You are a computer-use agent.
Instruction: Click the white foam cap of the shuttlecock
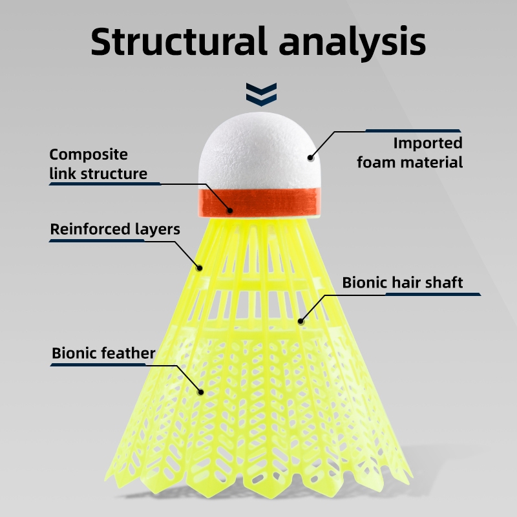coord(258,155)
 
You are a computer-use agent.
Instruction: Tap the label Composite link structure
coord(98,164)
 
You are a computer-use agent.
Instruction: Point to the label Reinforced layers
coord(115,229)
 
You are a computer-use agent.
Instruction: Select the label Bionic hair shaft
coord(403,282)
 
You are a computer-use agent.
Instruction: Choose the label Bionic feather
coord(103,353)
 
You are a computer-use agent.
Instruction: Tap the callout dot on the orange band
coord(229,209)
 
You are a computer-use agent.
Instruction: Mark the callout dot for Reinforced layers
coord(200,268)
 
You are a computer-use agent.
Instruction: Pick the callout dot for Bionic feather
coord(201,391)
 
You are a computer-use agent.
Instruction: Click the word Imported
coord(428,143)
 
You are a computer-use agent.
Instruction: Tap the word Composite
coord(89,154)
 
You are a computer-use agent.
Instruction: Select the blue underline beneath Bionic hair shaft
coord(433,294)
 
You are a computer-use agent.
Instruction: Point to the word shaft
coord(445,282)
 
